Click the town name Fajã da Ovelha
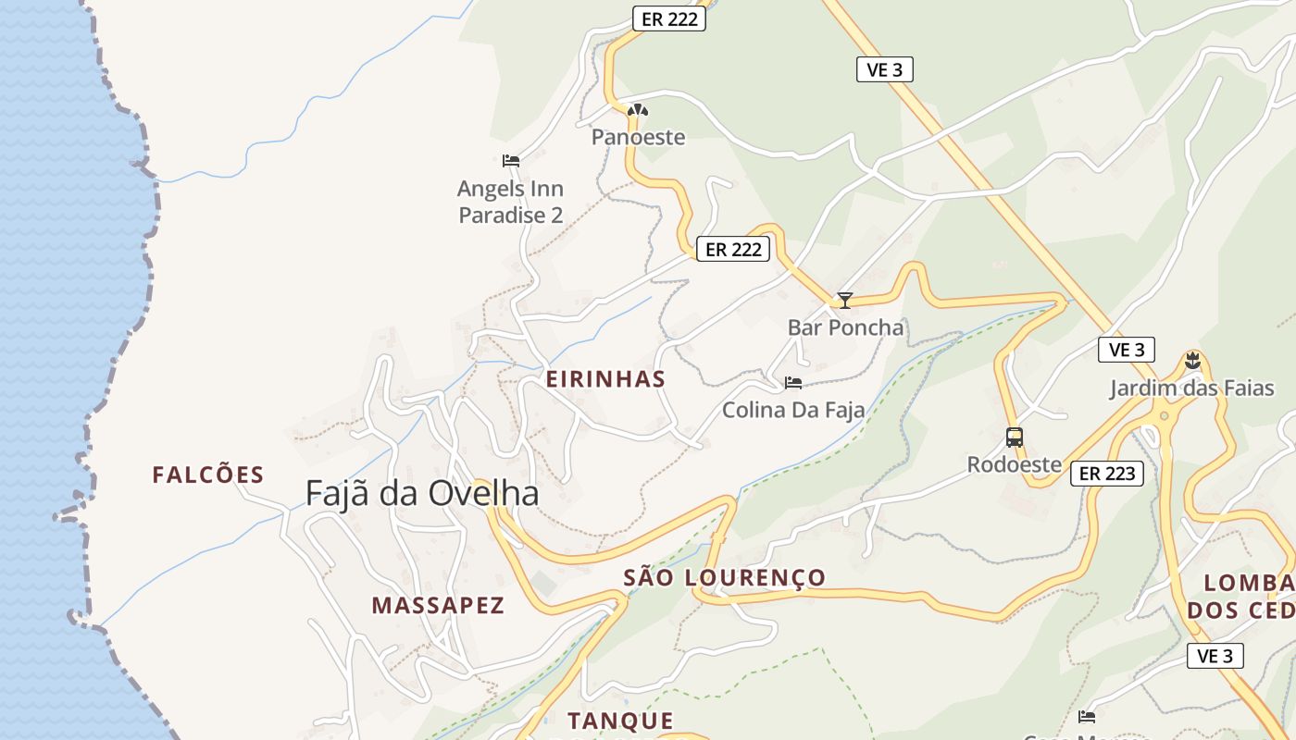coord(422,493)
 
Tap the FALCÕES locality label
coord(208,475)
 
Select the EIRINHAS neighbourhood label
coord(605,379)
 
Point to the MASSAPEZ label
coord(438,606)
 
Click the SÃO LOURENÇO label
coord(724,578)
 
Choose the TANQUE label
coord(620,721)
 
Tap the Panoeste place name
coord(639,138)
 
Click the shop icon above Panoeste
coord(637,112)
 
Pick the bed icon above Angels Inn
coord(510,161)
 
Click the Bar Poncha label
coord(845,327)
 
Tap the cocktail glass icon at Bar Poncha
coord(844,301)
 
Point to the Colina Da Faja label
coord(793,410)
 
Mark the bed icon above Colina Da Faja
coord(793,383)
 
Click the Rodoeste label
coord(1014,464)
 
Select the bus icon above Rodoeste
coord(1015,438)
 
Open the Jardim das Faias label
coord(1192,388)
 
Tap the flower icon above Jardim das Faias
coord(1192,361)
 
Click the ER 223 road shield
coord(1107,474)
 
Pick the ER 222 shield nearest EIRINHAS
coord(733,249)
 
